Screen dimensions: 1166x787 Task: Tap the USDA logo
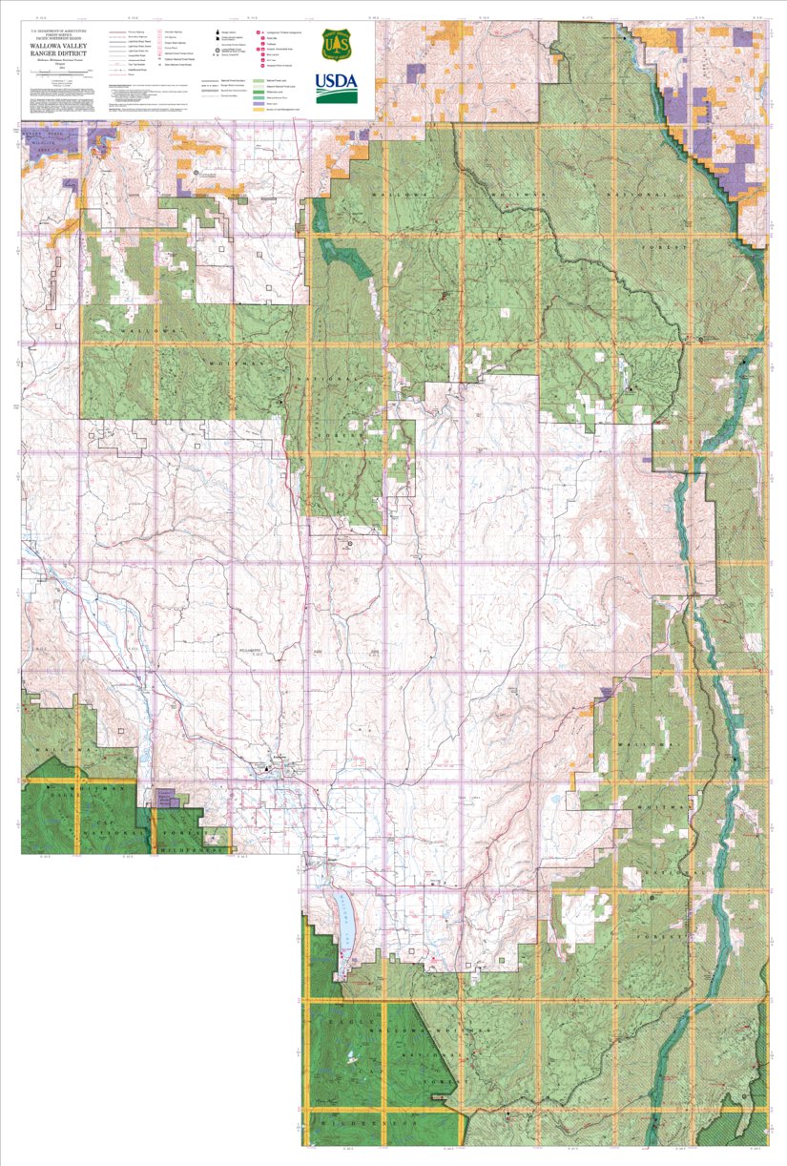coord(337,88)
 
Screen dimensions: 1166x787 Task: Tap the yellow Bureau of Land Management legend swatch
coord(260,109)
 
